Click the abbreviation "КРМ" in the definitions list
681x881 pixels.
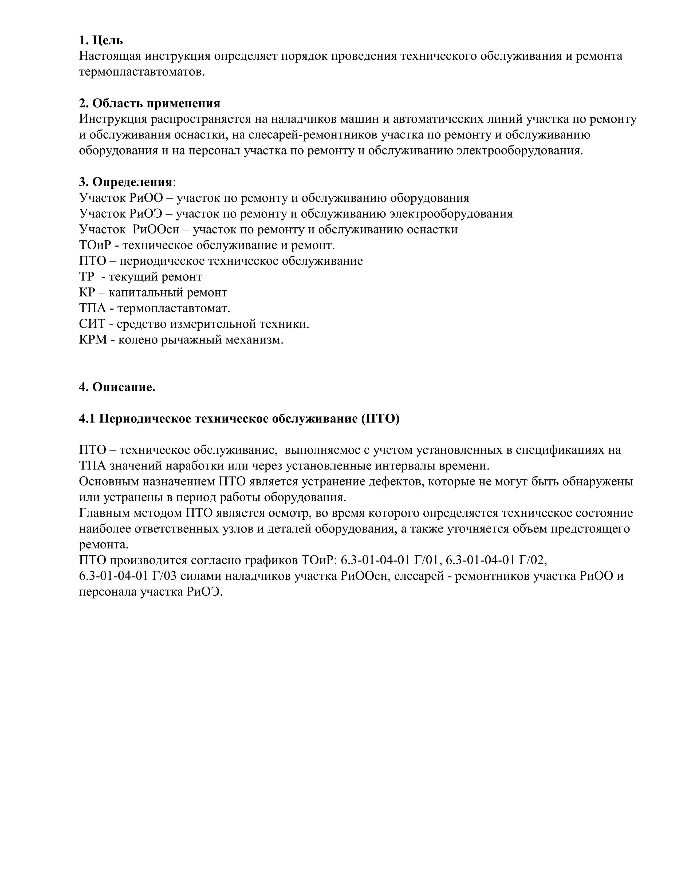click(93, 340)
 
